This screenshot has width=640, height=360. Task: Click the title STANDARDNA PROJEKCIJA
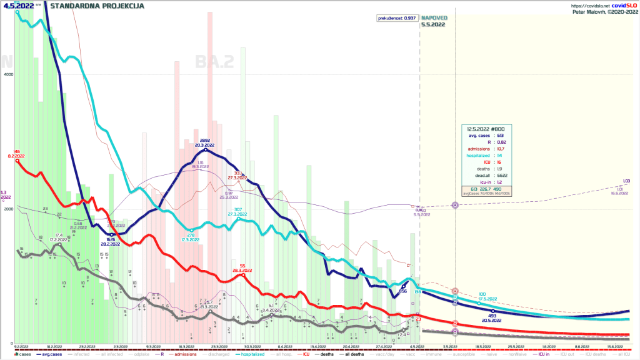pos(97,6)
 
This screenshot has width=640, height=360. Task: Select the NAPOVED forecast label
pos(433,18)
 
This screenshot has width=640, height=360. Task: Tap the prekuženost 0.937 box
pos(397,18)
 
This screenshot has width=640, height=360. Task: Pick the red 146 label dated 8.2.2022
pos(17,152)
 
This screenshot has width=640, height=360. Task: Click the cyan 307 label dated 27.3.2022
pos(237,209)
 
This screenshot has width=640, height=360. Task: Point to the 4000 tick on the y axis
pos(7,74)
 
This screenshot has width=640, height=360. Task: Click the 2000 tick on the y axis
pos(7,209)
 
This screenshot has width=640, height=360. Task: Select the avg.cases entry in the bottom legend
pos(50,355)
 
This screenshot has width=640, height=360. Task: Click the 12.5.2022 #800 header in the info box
pos(487,127)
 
